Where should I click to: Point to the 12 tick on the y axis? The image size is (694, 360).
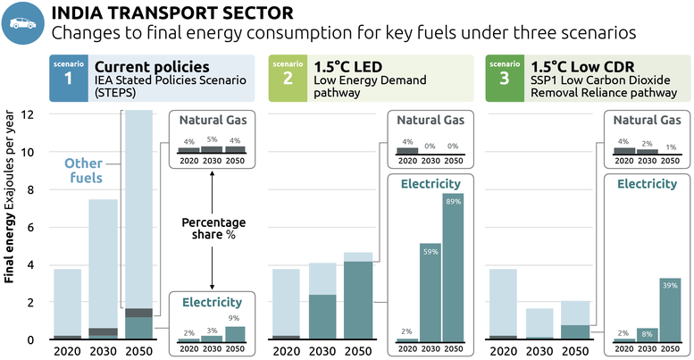point(28,114)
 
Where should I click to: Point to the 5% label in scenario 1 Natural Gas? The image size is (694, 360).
point(213,140)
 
